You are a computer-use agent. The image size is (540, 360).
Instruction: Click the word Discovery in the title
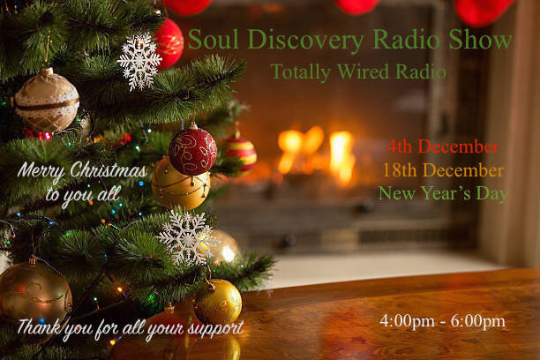coord(305,40)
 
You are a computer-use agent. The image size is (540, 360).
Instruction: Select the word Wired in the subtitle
coord(363,71)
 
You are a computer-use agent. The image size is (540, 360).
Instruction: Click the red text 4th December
coord(443,146)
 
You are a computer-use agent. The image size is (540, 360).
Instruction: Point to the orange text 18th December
coord(443,170)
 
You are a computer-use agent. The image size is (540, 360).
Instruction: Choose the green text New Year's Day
coord(443,193)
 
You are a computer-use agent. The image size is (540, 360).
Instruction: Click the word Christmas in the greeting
coord(109,169)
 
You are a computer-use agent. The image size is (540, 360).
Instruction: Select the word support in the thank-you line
coord(215,328)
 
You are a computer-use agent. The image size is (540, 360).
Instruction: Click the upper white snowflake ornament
coord(139,60)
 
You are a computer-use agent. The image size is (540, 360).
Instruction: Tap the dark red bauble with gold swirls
coord(193,151)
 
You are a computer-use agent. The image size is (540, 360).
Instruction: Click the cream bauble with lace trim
coord(47,100)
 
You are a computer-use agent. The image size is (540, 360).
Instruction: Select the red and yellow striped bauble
coord(241,152)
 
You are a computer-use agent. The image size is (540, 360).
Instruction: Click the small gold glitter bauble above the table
coord(218,302)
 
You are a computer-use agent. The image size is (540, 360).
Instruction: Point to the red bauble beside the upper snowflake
coord(169,43)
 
